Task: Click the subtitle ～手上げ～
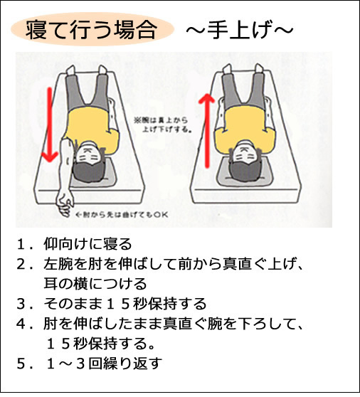239,31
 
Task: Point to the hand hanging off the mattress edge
65,200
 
